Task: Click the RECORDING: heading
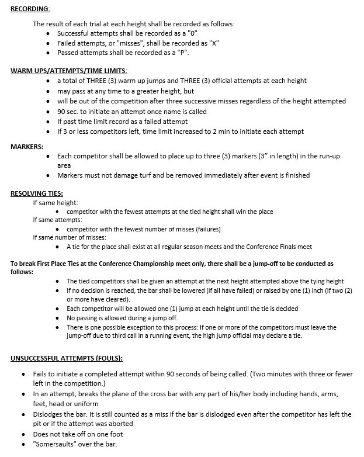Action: click(x=30, y=9)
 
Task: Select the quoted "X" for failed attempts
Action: click(x=213, y=43)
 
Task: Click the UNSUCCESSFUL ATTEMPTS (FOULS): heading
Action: click(x=67, y=358)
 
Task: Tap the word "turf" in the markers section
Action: click(x=161, y=175)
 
